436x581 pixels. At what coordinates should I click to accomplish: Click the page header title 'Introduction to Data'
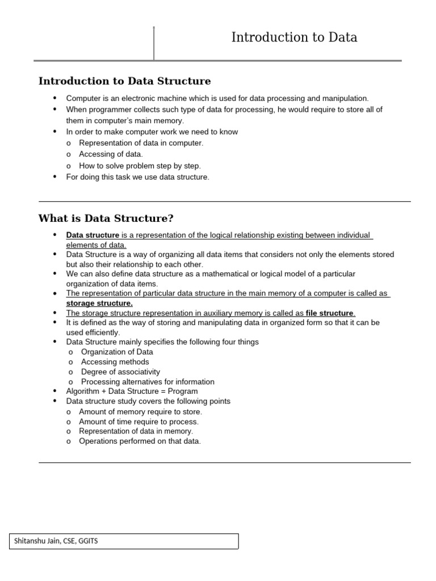294,38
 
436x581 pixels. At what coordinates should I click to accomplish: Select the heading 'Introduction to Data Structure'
124,81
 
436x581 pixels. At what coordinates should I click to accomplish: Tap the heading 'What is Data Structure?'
106,218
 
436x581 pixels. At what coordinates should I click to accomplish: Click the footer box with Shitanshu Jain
124,541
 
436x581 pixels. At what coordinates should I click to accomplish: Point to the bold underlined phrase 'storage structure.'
99,303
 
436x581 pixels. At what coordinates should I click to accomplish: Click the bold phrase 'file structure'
329,313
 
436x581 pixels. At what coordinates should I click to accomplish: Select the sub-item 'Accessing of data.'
111,154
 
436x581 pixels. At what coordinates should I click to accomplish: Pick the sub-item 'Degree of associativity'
120,372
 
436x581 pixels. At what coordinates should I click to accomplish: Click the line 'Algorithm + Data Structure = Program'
132,391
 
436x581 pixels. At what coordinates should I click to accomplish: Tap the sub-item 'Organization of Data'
117,352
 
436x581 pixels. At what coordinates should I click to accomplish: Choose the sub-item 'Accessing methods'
115,362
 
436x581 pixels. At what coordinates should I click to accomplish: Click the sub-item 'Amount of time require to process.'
139,422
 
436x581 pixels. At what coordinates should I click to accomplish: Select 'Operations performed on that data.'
140,441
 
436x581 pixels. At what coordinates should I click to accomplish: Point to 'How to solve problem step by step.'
140,166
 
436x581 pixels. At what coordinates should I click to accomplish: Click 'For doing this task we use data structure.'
137,177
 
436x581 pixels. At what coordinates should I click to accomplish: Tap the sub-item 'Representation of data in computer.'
141,143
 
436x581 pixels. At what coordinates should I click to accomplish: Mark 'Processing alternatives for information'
148,382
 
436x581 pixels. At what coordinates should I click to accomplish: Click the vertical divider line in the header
154,43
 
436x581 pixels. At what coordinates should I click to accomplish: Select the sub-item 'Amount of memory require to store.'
140,411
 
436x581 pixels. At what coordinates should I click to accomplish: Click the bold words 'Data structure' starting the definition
93,235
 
